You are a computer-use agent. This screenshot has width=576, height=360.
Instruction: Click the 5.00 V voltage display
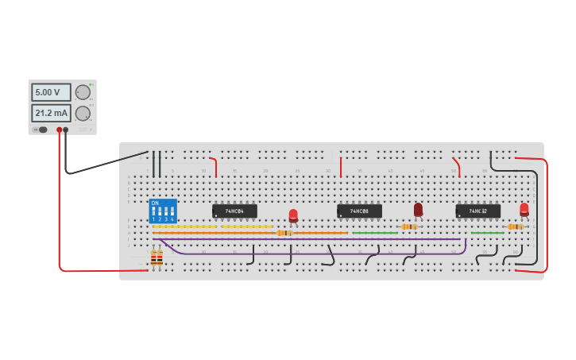51,92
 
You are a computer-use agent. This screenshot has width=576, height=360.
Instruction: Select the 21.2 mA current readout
51,113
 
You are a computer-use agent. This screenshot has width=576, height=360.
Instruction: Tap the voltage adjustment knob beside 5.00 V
83,92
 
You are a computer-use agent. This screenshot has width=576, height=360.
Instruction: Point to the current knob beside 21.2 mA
83,114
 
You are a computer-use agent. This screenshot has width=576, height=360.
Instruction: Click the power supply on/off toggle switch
41,130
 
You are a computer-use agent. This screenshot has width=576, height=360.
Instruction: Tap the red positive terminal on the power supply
59,130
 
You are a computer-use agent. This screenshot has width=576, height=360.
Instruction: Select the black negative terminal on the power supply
66,130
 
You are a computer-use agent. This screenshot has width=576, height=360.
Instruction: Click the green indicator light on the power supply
91,84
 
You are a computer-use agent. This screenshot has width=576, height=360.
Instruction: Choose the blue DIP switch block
163,211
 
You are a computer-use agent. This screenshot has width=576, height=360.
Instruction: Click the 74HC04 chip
234,211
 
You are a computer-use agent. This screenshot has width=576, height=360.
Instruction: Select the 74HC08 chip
359,211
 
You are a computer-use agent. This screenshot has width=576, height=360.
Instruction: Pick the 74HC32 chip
477,211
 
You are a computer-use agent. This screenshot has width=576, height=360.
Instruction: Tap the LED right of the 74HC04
293,215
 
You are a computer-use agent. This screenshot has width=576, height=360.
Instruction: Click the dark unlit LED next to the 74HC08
418,209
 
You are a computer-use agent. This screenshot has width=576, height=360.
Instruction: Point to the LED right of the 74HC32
524,209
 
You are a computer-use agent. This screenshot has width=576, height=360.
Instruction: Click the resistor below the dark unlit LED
409,226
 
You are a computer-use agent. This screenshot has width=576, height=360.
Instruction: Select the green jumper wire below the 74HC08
375,233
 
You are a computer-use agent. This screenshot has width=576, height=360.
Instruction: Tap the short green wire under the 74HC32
487,233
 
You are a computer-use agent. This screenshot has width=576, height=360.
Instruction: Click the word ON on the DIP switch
155,203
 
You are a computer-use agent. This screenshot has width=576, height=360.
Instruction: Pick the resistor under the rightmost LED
515,226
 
